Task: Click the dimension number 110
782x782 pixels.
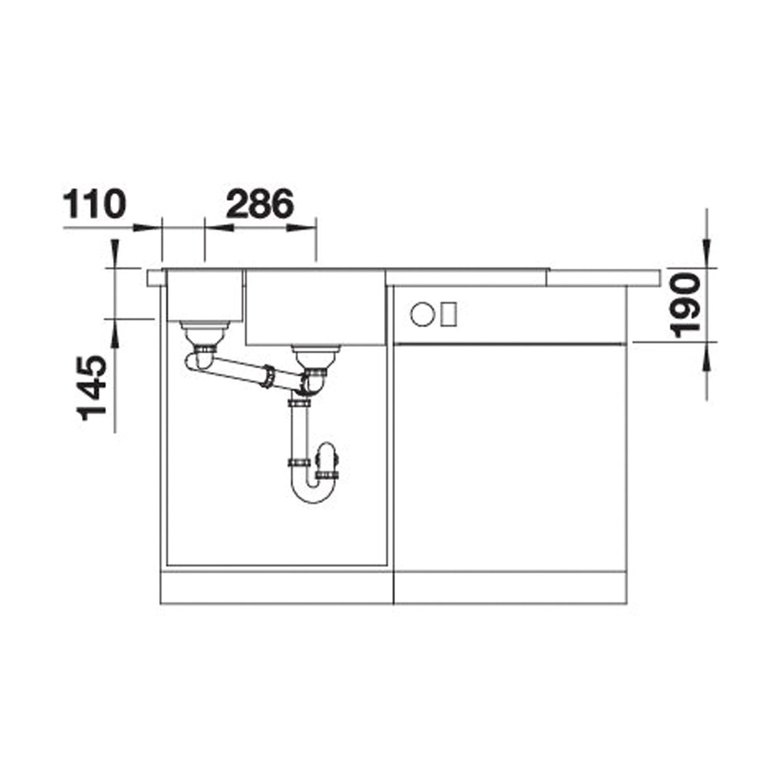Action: tap(95, 203)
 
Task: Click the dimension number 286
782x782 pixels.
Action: tap(259, 203)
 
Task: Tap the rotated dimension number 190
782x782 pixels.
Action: tap(685, 306)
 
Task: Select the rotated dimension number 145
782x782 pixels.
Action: tap(91, 388)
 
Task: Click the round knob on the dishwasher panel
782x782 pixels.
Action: tap(423, 315)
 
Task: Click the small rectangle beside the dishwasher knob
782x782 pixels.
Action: tap(449, 315)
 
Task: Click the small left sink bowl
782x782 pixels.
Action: tap(204, 296)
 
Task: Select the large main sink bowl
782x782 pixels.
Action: tap(315, 307)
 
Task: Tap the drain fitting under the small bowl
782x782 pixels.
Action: tap(204, 333)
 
